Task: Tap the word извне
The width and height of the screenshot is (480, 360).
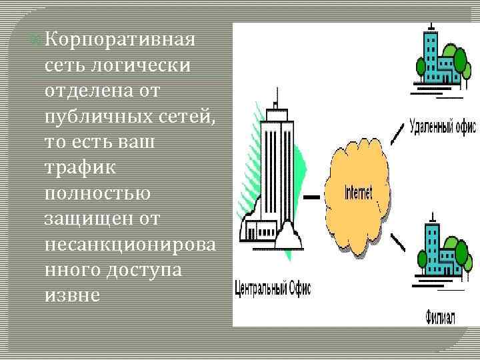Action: pos(73,295)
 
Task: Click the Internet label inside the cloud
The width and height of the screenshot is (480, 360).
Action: pos(357,194)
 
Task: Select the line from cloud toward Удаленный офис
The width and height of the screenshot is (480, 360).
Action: pos(397,134)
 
